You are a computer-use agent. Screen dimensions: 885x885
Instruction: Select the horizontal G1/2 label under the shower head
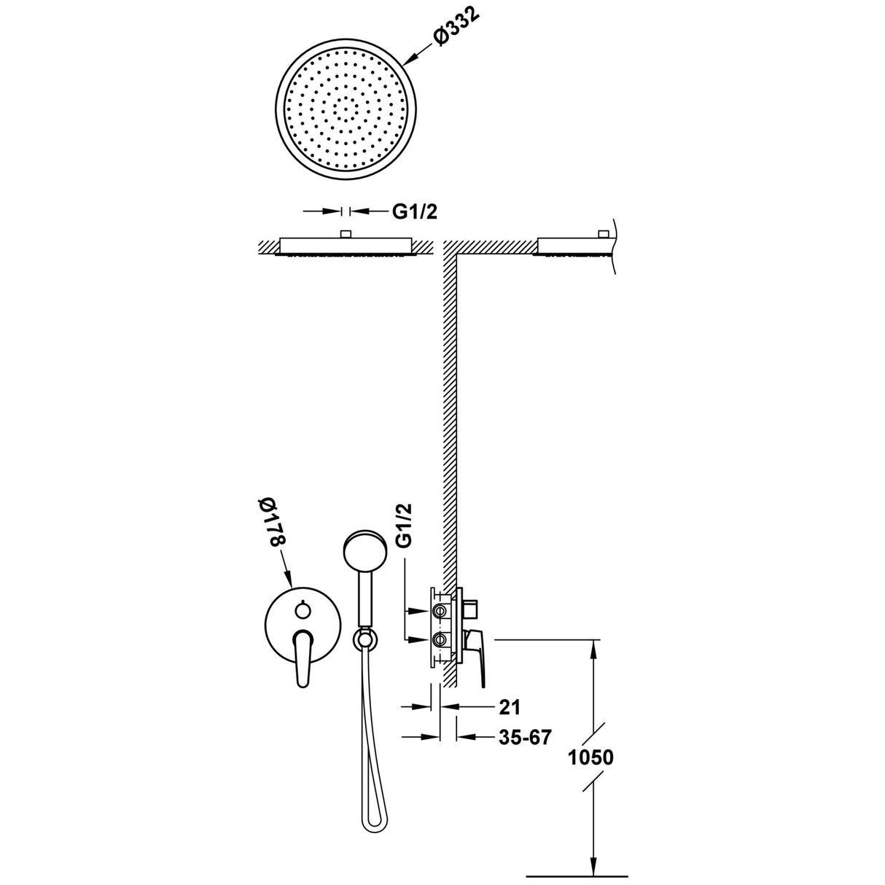[416, 211]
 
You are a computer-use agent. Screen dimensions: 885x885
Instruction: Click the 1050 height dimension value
[590, 757]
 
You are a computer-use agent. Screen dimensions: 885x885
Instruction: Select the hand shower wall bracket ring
[362, 639]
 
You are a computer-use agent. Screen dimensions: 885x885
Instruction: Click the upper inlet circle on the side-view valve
[440, 609]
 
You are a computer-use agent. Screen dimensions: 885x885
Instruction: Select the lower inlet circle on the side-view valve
[440, 639]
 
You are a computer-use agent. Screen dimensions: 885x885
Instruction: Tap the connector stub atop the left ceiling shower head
[346, 234]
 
